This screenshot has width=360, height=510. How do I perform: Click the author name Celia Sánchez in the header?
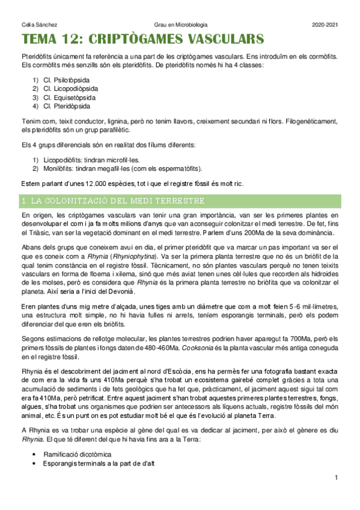35,25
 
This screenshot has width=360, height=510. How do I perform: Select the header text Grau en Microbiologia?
180,25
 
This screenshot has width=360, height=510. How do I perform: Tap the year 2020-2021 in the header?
325,25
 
